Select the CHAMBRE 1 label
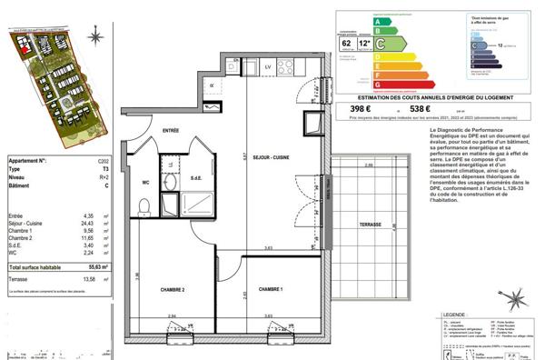272,288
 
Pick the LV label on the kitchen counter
268,67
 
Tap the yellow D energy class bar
367,53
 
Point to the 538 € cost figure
421,108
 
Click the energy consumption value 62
345,41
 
